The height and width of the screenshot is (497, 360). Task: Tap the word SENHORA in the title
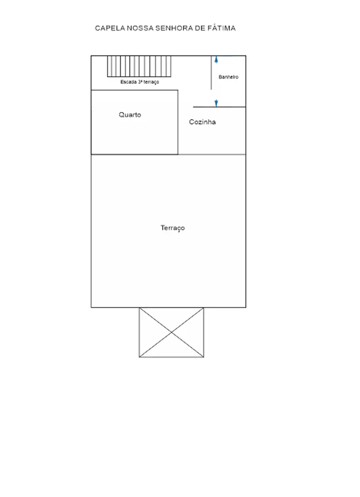pyautogui.click(x=174, y=28)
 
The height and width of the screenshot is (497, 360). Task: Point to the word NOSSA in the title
pyautogui.click(x=140, y=28)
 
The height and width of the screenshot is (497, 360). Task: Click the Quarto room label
pyautogui.click(x=130, y=115)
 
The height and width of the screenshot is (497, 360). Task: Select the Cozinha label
pyautogui.click(x=202, y=122)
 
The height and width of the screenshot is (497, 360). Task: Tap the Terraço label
pyautogui.click(x=173, y=228)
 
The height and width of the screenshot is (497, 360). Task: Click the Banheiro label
pyautogui.click(x=228, y=77)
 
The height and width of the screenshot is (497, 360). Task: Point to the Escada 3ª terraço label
pyautogui.click(x=140, y=82)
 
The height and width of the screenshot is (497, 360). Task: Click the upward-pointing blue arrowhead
pyautogui.click(x=216, y=60)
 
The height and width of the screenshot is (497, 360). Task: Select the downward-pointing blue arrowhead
pyautogui.click(x=216, y=104)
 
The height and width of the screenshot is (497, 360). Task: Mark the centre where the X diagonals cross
pyautogui.click(x=171, y=332)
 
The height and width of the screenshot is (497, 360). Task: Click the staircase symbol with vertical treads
pyautogui.click(x=139, y=66)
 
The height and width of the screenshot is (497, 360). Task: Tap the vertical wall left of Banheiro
pyautogui.click(x=211, y=73)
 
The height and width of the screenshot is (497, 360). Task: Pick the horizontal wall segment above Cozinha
pyautogui.click(x=219, y=107)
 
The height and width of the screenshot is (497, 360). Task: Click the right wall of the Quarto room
pyautogui.click(x=178, y=122)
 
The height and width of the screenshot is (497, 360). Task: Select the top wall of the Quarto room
pyautogui.click(x=134, y=90)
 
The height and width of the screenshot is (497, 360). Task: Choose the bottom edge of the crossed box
pyautogui.click(x=171, y=357)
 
